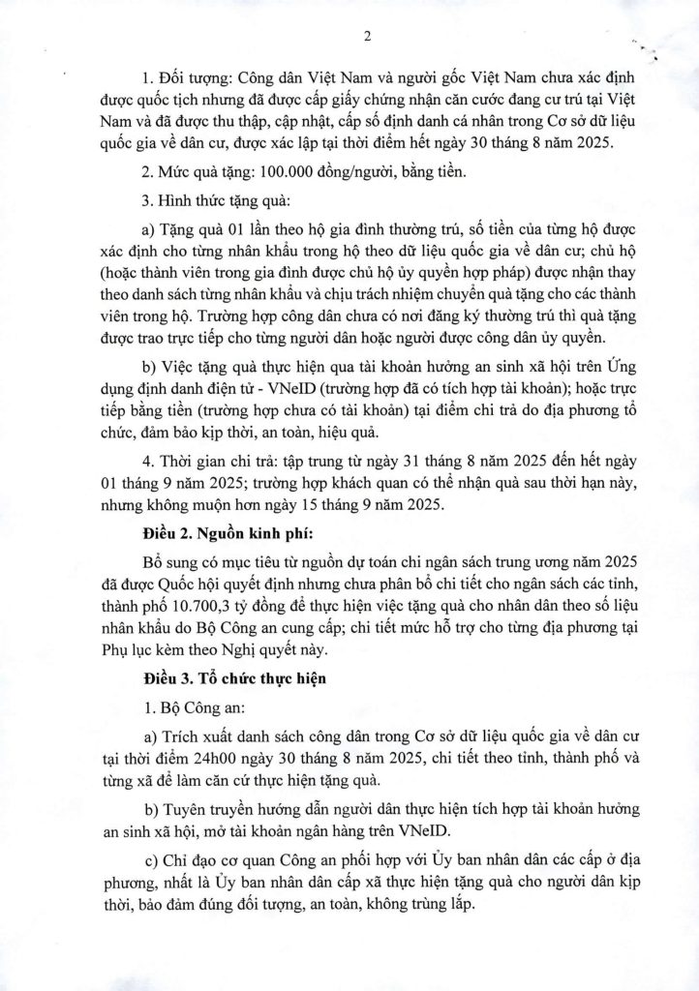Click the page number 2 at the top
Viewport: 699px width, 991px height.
click(x=367, y=37)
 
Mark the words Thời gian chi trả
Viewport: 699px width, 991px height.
click(x=214, y=457)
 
